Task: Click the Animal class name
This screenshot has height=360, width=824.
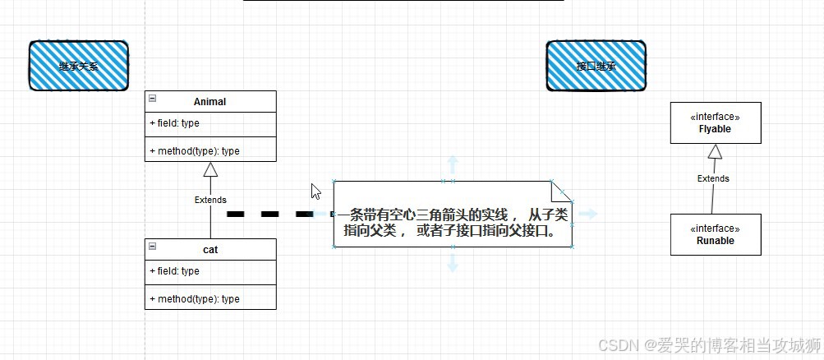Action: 210,102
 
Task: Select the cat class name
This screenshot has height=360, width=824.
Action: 210,249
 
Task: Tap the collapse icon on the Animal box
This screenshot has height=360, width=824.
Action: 153,99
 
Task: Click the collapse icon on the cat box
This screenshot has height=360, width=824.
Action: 153,246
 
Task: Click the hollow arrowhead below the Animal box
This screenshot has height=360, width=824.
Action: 210,168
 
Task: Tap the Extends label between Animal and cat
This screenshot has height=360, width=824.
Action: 210,200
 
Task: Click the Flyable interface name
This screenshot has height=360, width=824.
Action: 715,129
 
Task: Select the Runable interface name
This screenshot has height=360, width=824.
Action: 715,241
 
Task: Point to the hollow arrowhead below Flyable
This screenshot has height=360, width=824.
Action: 715,151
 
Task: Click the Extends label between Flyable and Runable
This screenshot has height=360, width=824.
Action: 713,178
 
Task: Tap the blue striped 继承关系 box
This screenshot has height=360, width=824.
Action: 79,66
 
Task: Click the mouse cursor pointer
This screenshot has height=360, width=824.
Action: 315,191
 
